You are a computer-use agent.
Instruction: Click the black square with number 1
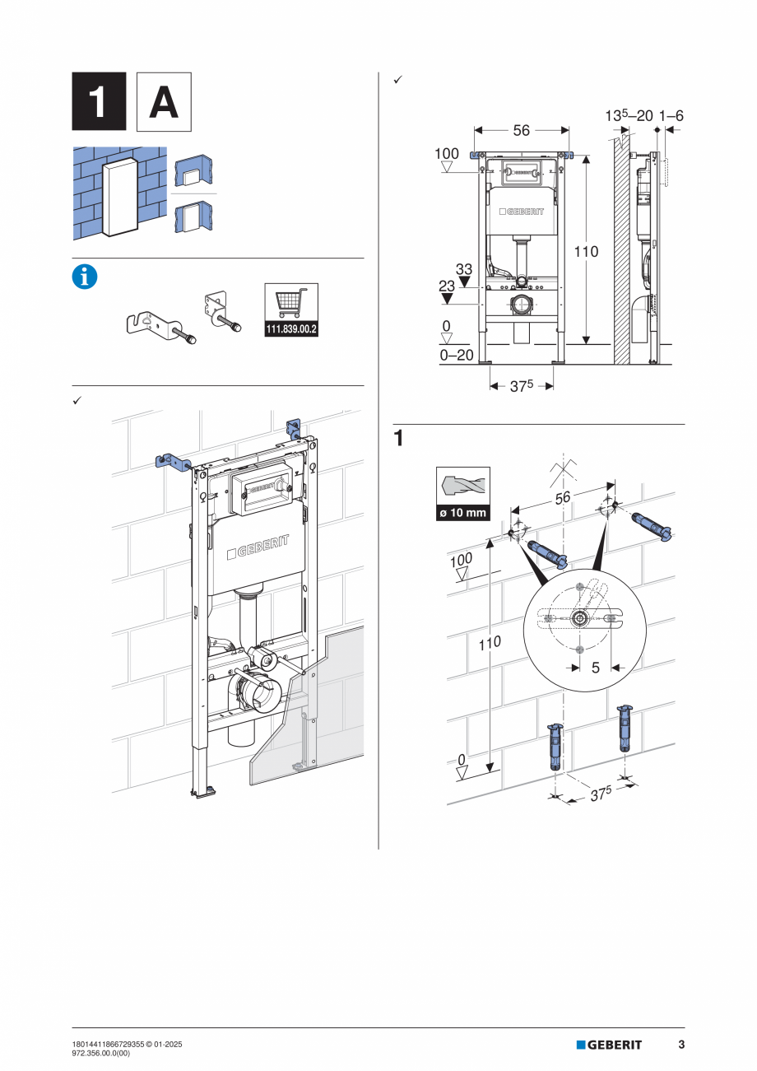(x=99, y=101)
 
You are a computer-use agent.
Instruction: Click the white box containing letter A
(x=163, y=101)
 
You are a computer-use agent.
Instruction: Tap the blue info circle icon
(x=85, y=277)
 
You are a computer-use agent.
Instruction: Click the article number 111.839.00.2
(x=291, y=329)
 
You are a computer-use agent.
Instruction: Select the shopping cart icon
(x=291, y=302)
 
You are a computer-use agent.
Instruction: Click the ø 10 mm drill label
(x=462, y=513)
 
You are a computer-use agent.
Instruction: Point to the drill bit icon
(x=462, y=487)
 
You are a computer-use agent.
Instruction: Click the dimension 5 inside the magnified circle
(x=596, y=668)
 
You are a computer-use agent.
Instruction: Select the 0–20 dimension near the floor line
(x=457, y=356)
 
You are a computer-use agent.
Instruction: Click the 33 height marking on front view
(x=463, y=268)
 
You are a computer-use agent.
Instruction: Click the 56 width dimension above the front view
(x=521, y=130)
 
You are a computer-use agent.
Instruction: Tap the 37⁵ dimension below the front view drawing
(x=520, y=385)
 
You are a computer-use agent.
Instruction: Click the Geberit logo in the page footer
(x=609, y=1045)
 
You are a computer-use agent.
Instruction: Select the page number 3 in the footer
(x=681, y=1045)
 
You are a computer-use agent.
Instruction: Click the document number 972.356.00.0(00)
(x=108, y=1053)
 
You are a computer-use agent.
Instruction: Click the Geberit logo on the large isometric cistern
(x=261, y=547)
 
